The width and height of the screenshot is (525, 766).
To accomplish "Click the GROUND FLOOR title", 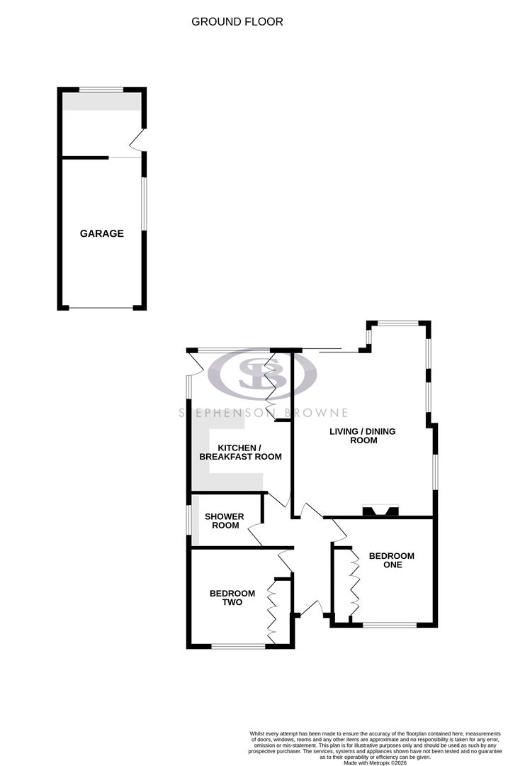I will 237,22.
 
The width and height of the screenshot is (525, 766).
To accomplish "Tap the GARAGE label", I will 101,233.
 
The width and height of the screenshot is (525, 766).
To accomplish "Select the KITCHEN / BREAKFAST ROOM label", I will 240,452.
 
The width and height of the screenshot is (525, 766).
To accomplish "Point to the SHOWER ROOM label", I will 224,521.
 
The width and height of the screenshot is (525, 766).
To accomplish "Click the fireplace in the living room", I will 380,510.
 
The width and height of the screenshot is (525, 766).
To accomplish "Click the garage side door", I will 140,140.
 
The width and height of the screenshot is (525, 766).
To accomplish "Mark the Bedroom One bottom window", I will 390,625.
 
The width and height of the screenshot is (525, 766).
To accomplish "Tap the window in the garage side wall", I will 145,203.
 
